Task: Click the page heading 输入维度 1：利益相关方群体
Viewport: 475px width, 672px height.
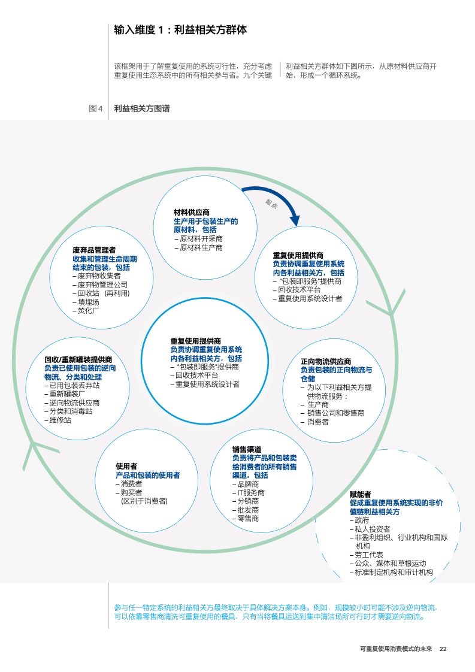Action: click(x=180, y=29)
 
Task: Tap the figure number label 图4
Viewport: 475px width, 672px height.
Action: click(x=96, y=108)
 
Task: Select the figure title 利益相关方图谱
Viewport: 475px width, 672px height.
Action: click(x=141, y=108)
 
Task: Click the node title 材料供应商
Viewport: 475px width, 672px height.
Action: click(x=191, y=213)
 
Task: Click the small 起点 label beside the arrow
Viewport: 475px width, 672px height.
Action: click(x=271, y=204)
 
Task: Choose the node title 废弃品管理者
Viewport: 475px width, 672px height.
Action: click(x=94, y=250)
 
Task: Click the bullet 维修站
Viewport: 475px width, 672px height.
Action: click(x=60, y=420)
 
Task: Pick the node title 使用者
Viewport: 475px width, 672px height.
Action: click(x=126, y=466)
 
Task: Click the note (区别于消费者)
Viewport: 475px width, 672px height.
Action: click(x=144, y=501)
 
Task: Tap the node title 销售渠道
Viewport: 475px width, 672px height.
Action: click(x=246, y=449)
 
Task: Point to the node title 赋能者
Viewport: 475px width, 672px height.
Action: click(x=361, y=495)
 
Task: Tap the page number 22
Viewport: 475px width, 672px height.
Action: click(x=443, y=649)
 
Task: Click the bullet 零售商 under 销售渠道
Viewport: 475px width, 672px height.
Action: click(x=248, y=518)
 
